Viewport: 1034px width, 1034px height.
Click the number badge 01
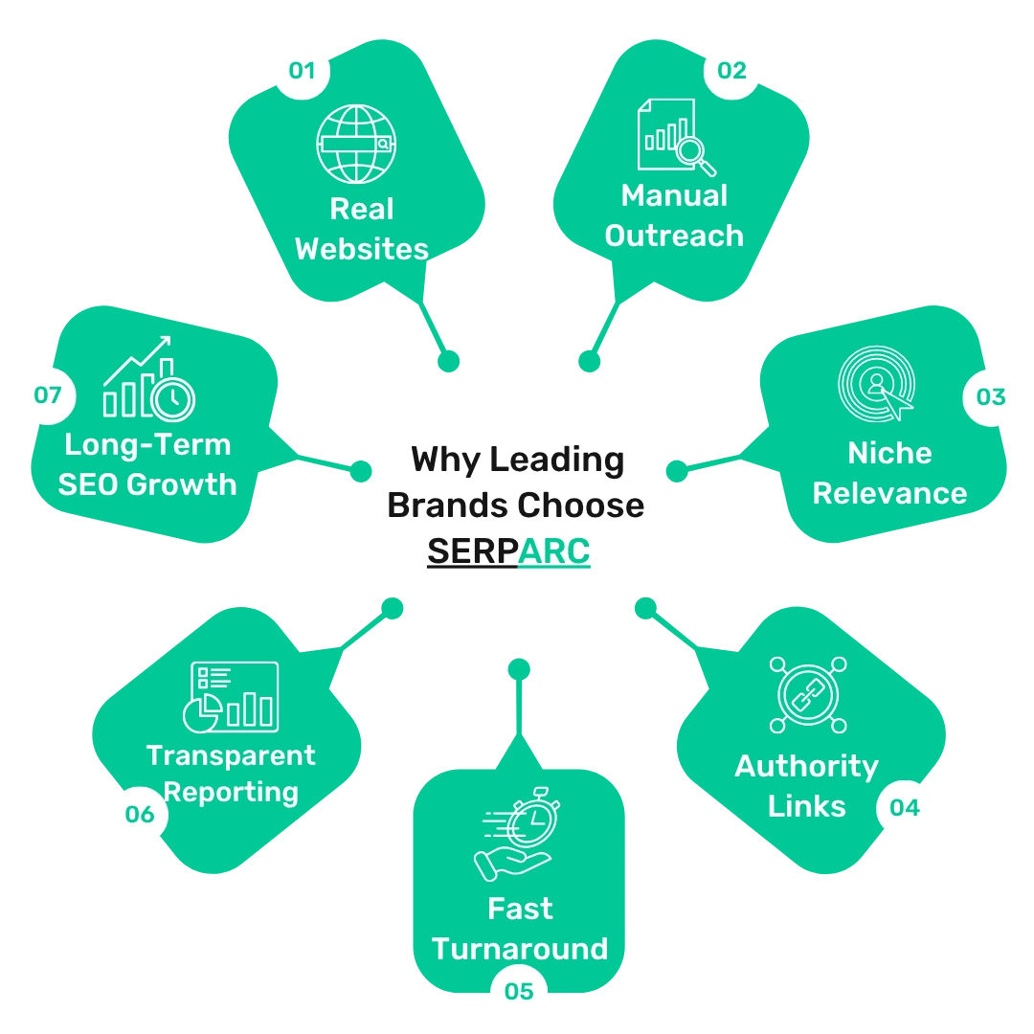click(302, 71)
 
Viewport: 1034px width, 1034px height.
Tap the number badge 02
click(731, 71)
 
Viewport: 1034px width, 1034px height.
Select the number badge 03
click(991, 397)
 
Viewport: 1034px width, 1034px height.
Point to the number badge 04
click(904, 808)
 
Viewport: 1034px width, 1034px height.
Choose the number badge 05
click(519, 991)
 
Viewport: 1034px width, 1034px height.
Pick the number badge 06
click(140, 815)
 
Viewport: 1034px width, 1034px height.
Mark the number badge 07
click(48, 395)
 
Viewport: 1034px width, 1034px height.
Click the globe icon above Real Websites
click(356, 144)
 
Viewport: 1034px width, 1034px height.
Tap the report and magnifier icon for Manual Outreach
click(677, 137)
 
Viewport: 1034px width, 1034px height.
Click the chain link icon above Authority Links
click(808, 695)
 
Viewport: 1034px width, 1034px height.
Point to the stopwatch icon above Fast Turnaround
click(517, 834)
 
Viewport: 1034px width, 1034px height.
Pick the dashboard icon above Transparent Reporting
click(231, 697)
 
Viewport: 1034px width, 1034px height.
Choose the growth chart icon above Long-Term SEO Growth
click(149, 379)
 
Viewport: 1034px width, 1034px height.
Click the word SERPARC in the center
click(508, 551)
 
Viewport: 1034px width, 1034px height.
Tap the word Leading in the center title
click(557, 461)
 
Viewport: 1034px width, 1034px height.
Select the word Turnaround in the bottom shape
click(520, 949)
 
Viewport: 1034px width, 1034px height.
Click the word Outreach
click(674, 236)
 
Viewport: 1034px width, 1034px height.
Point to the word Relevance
click(889, 493)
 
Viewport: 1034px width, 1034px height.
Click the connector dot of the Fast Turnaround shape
click(519, 669)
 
